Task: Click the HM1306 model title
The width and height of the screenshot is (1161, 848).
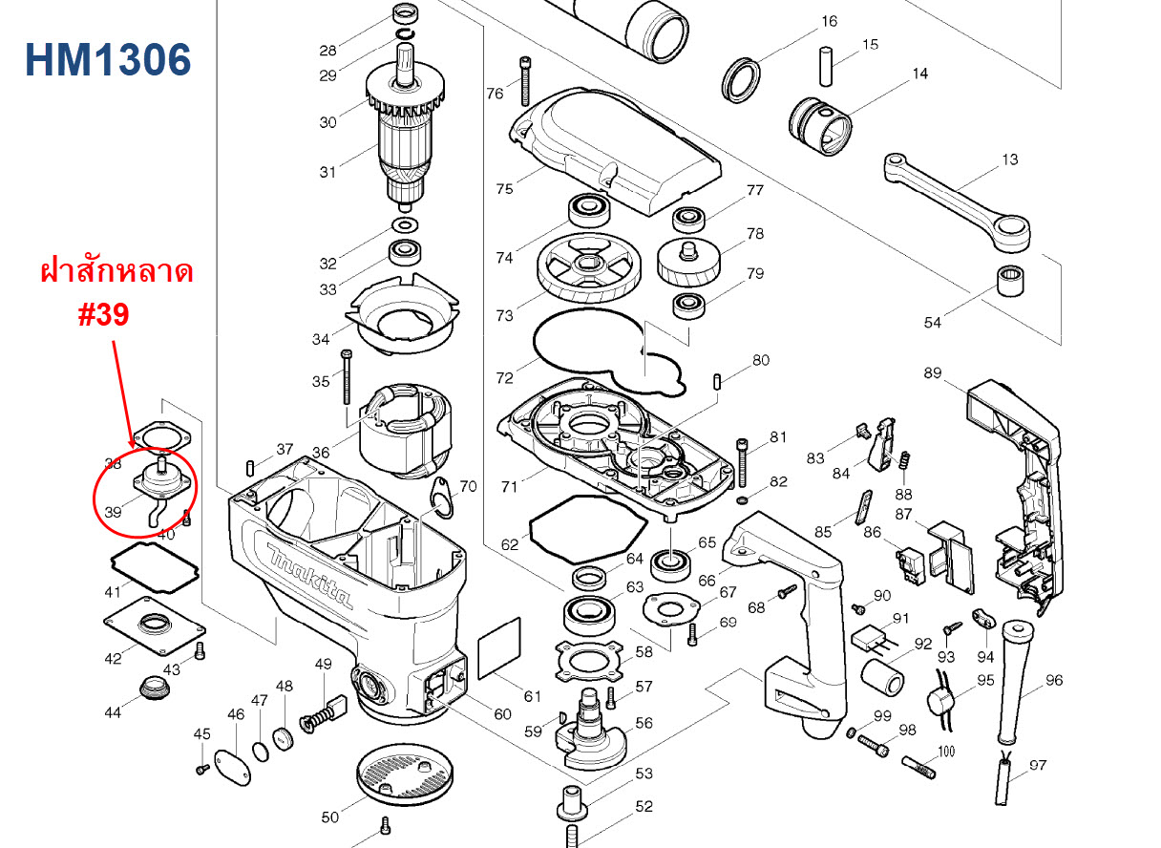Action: (108, 59)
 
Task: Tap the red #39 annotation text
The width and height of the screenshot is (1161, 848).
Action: (103, 316)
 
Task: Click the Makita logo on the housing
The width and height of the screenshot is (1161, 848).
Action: (309, 577)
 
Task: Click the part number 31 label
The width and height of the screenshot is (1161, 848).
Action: (327, 172)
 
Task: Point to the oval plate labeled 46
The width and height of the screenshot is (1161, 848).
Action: (233, 767)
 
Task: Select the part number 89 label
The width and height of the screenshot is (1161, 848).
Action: (933, 372)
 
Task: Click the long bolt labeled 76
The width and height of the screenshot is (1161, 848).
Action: (524, 81)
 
